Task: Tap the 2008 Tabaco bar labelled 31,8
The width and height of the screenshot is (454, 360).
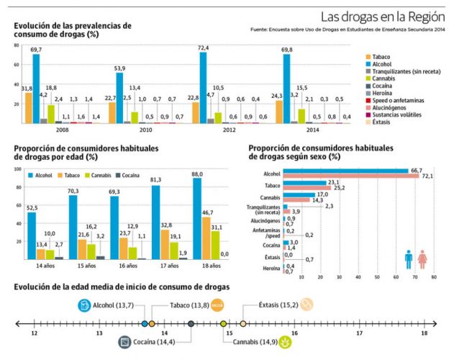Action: (28, 107)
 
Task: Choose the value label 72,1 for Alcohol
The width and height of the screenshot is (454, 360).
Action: (427, 176)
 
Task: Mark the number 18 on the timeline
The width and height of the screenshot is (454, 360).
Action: (424, 333)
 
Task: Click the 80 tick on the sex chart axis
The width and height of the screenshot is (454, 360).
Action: (433, 276)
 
